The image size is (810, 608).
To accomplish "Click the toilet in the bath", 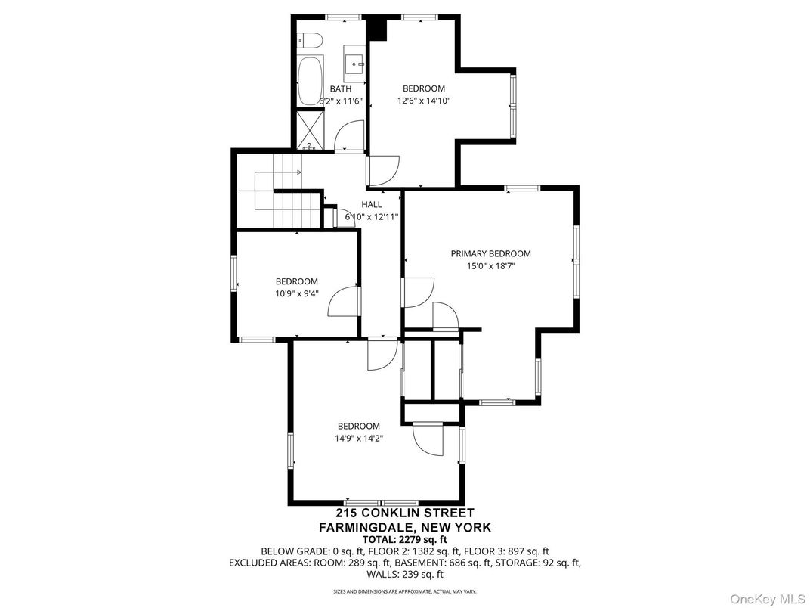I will pos(310,40).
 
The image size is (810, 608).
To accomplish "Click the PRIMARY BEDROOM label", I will pos(490,254).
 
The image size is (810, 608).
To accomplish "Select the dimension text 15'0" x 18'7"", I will pos(490,266).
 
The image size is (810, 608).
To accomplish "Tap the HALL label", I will pos(371,205).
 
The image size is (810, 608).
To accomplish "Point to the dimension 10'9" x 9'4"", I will pos(296,293).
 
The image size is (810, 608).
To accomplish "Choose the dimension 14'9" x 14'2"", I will pos(358,438).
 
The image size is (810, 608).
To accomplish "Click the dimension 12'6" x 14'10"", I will pos(423,100).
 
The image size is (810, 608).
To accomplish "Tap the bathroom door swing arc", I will pos(349,136).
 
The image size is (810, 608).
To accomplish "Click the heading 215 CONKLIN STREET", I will pos(404,513).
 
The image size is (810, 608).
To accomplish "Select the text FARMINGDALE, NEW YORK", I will pos(404,527).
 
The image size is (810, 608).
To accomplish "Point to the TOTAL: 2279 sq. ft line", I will pos(404,539).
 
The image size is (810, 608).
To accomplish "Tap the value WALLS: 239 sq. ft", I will pos(404,574).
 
